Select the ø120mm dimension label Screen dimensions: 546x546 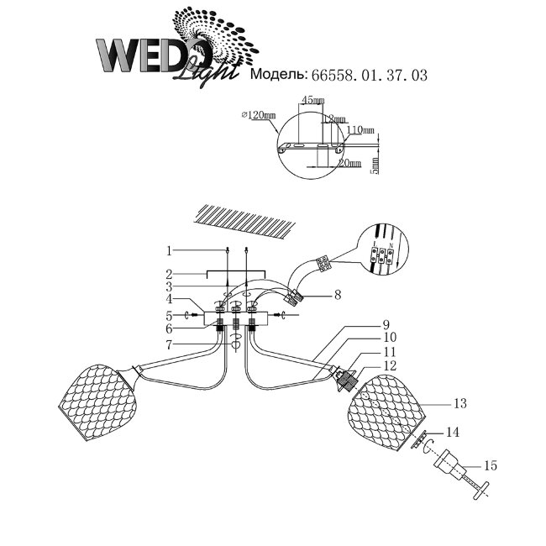point(257,114)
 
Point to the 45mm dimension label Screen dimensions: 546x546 point(312,101)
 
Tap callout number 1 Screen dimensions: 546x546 point(169,249)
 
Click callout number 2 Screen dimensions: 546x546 point(169,274)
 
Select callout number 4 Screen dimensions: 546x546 point(169,298)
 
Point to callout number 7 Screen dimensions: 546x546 point(169,345)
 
